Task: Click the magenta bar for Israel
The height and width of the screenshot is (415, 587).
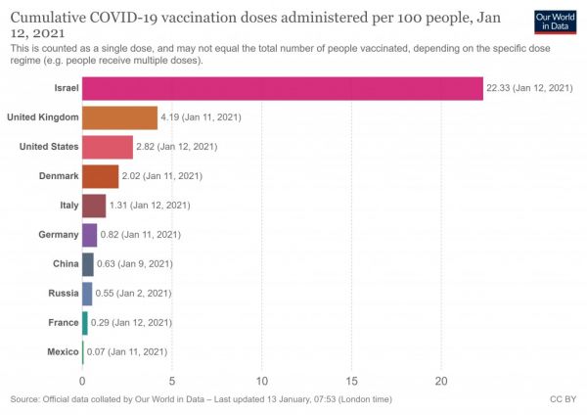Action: click(282, 89)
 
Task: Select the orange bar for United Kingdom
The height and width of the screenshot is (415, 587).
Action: click(119, 117)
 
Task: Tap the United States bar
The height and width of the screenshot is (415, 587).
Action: click(108, 147)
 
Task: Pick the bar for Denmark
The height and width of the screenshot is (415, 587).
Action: click(100, 176)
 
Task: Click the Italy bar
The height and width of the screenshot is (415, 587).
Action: click(94, 206)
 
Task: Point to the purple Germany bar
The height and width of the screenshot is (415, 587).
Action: click(89, 235)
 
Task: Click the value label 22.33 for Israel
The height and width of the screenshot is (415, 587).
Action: click(528, 89)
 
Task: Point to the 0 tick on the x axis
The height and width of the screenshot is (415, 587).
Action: click(82, 381)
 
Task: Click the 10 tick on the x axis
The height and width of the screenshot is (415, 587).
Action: click(262, 381)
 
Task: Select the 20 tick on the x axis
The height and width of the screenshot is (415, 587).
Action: click(442, 381)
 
